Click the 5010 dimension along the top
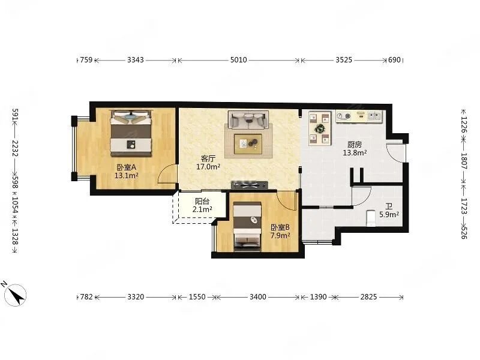(x=238, y=59)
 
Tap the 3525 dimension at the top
(x=344, y=59)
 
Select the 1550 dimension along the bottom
(x=197, y=296)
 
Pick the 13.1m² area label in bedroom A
(x=126, y=175)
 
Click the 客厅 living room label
(x=208, y=158)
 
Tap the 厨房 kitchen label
(x=355, y=144)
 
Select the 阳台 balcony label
(x=202, y=202)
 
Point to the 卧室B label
(x=280, y=227)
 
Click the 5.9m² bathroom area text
(x=389, y=215)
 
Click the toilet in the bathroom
(x=371, y=218)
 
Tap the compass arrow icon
(x=16, y=295)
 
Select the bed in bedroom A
(x=131, y=134)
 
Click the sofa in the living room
(x=248, y=119)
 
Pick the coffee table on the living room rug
(x=248, y=144)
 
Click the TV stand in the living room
(x=250, y=185)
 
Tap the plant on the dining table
(x=320, y=128)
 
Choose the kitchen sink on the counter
(x=375, y=116)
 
